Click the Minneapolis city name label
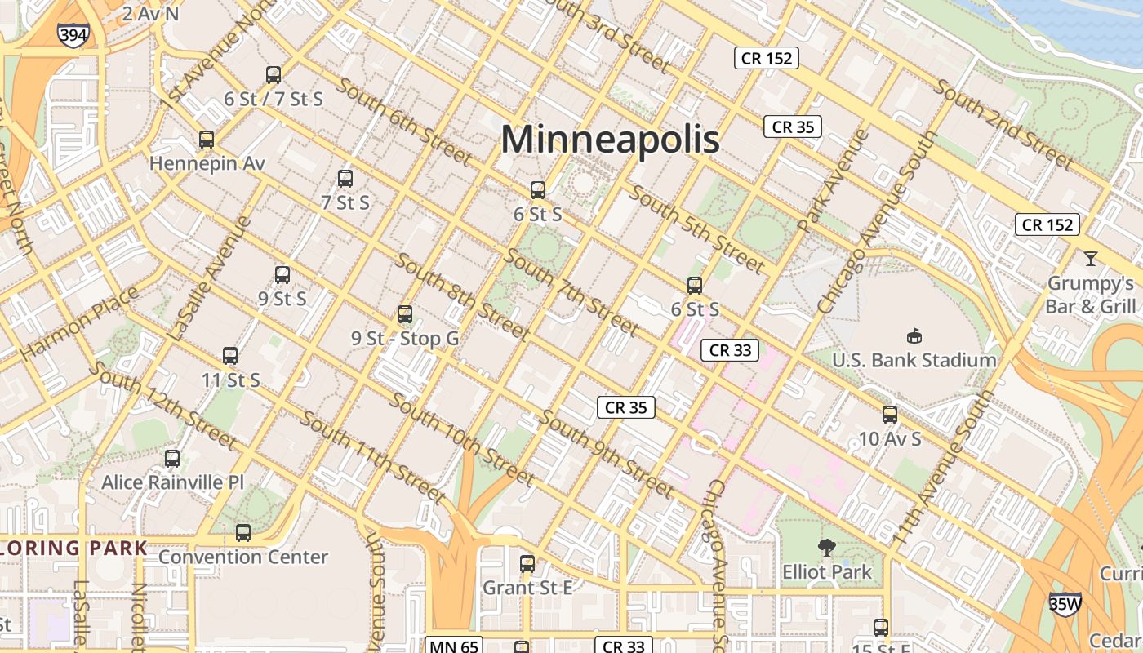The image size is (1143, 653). (610, 139)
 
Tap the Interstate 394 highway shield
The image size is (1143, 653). (73, 34)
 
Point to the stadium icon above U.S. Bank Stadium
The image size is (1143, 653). (914, 335)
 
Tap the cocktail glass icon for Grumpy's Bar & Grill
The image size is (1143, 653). (1090, 259)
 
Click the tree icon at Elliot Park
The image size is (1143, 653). (826, 548)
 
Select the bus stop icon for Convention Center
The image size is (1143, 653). (243, 533)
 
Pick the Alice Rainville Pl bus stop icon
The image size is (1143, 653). (172, 459)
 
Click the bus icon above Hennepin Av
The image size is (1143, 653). (207, 140)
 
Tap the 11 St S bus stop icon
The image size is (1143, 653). (230, 356)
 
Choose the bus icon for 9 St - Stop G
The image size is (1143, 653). (404, 314)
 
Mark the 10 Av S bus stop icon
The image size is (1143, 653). (890, 415)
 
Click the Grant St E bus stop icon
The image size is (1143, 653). (527, 564)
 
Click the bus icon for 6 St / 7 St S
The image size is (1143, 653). (274, 75)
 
